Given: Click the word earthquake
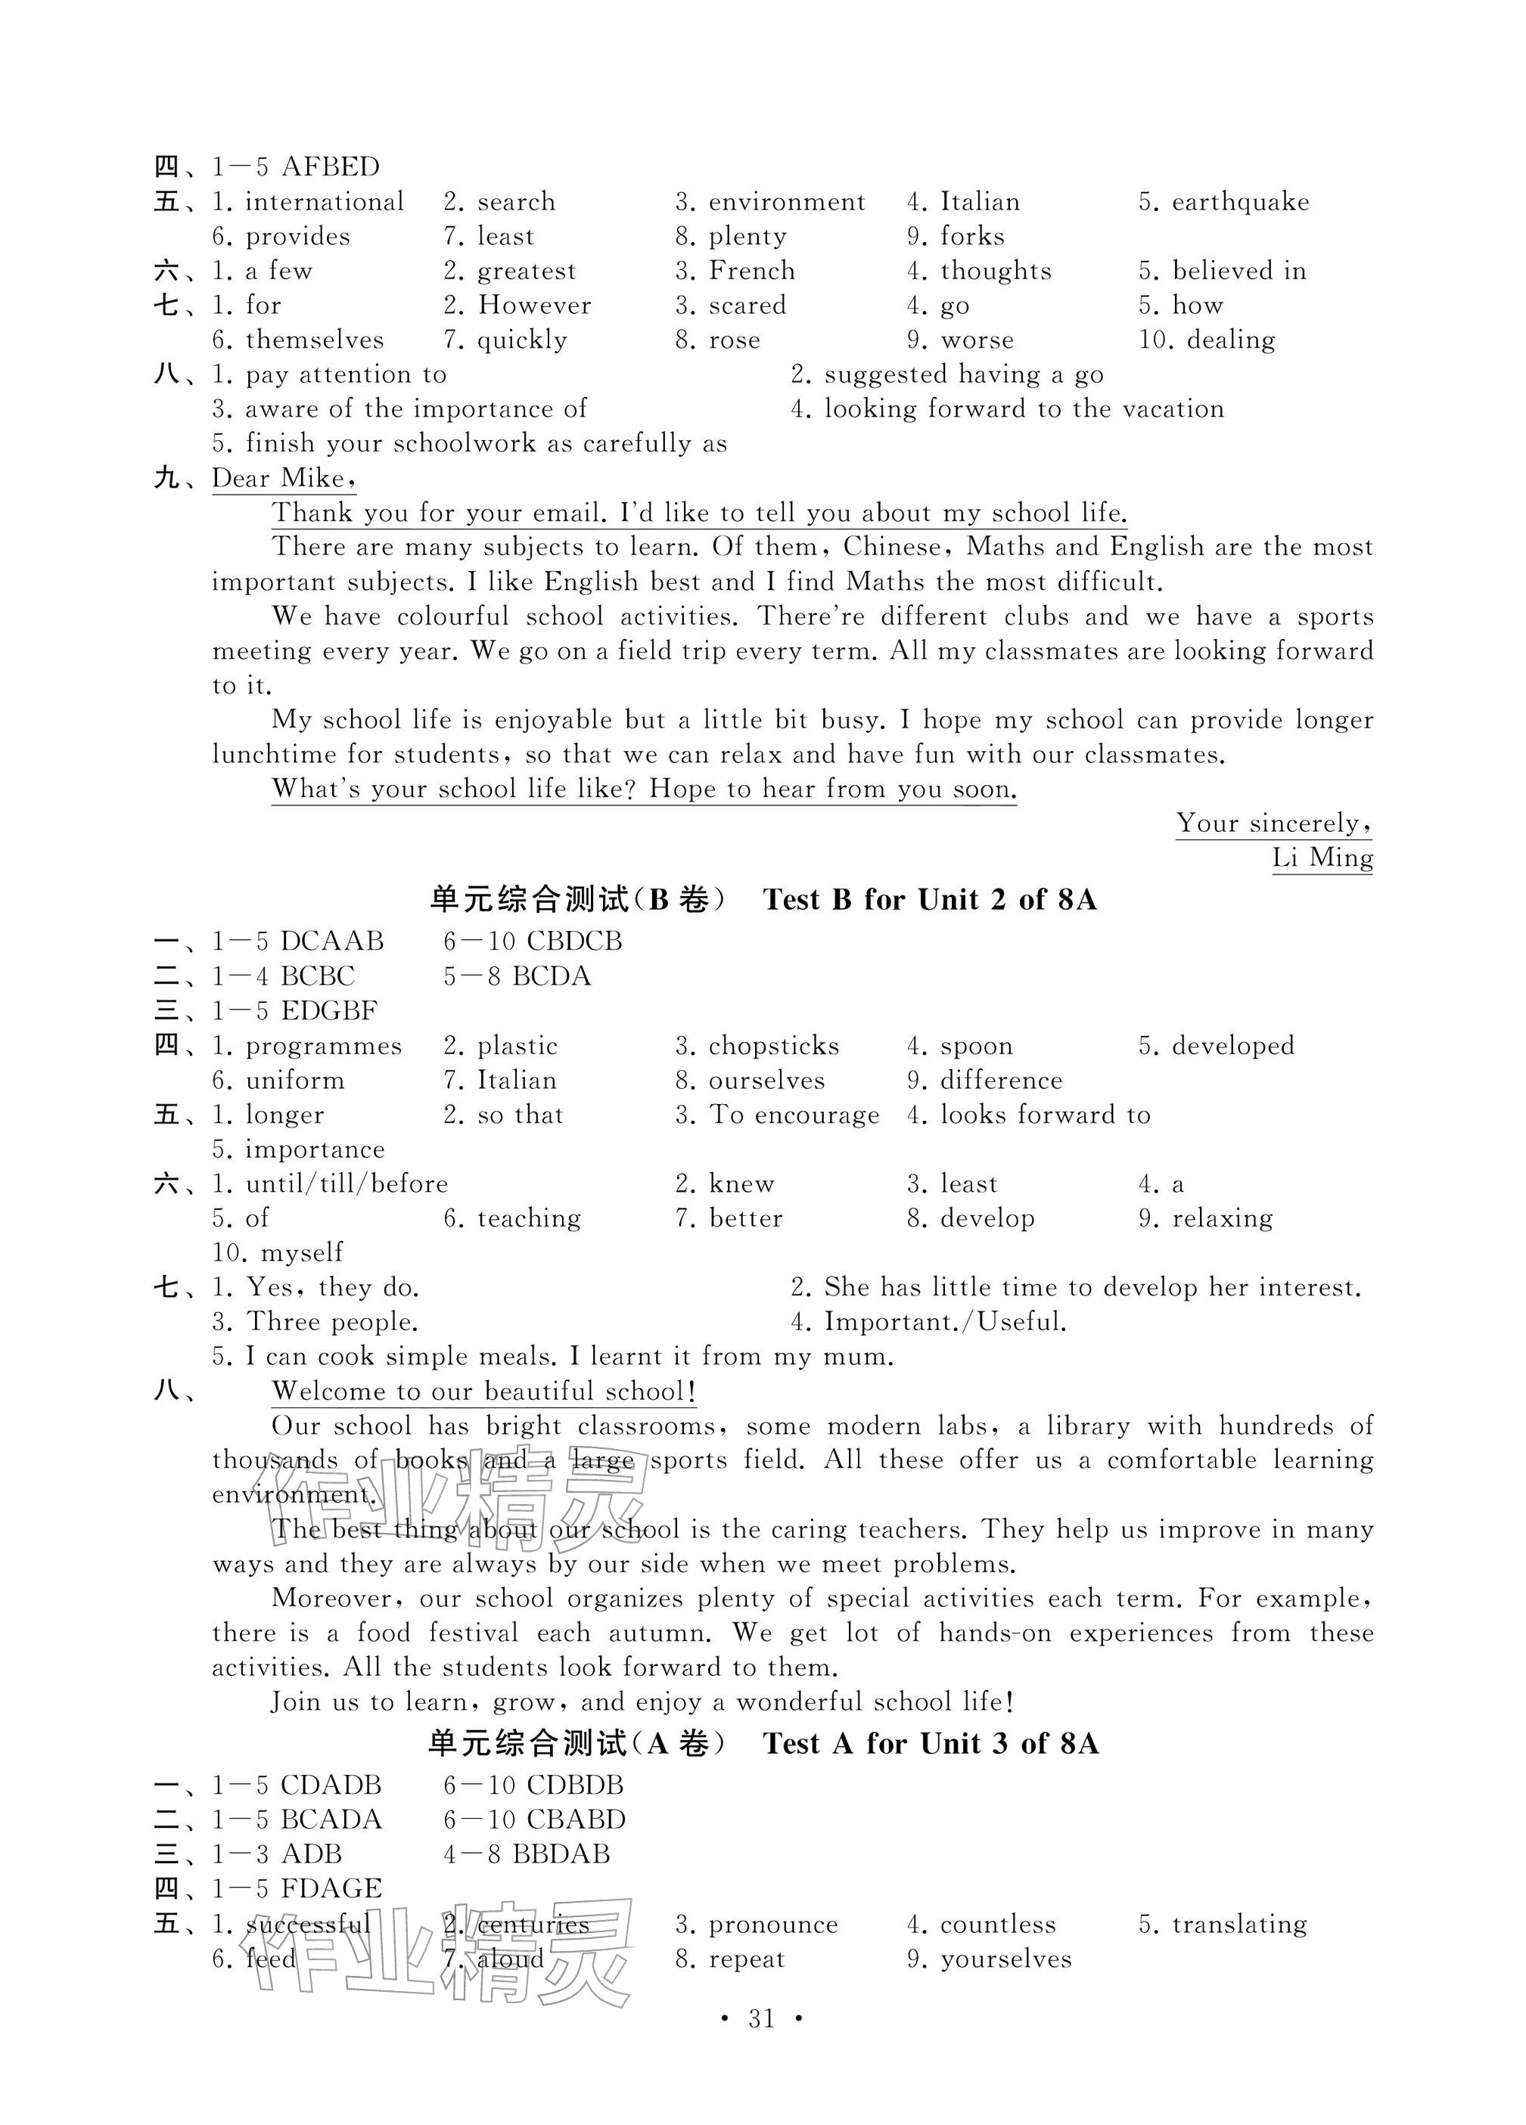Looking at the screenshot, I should pos(1240,201).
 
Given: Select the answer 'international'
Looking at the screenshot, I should pos(325,201).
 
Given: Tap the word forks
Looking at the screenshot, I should pos(972,236).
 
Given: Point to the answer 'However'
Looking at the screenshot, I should pos(534,306).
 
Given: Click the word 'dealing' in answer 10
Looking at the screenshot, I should pos(1231,340).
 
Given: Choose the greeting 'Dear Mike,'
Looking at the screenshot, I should pos(283,479).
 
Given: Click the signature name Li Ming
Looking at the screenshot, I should pos(1322,858).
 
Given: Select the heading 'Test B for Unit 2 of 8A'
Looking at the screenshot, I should pos(929,901).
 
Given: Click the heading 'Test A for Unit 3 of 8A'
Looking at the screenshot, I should pos(930,1744).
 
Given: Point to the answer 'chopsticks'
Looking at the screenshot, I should pos(773,1046).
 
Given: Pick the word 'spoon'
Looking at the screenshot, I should pos(976,1046).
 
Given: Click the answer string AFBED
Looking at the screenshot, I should pos(330,167).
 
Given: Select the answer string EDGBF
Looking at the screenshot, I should pos(329,1011).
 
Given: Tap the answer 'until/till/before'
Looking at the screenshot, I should pos(347,1184).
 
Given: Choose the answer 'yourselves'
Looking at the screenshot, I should pos(1005,1960).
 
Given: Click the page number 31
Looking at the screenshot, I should pos(761,2019).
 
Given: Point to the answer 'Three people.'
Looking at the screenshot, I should pos(332,1322).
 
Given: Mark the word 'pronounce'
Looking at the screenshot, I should pos(773,1925).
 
